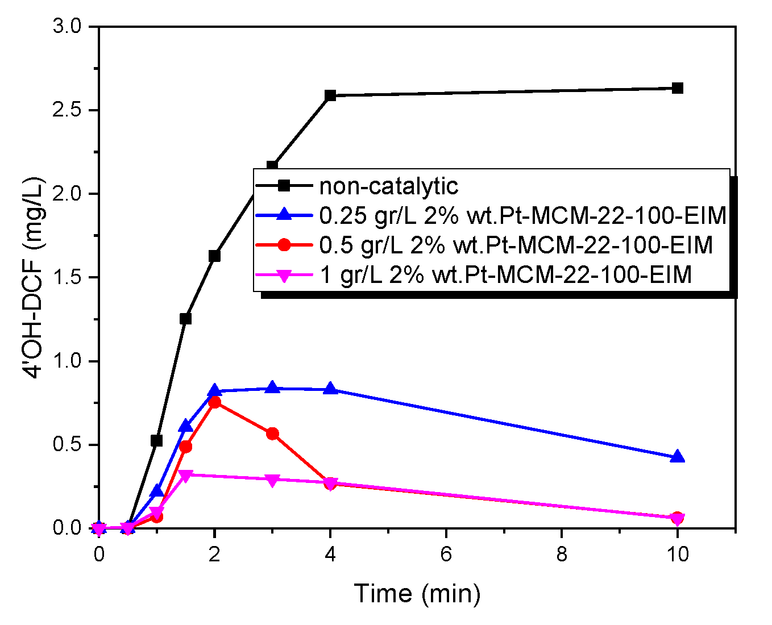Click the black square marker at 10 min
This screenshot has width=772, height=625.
[677, 88]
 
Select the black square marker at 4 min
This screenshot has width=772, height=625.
[330, 95]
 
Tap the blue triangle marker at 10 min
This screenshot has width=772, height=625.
[677, 457]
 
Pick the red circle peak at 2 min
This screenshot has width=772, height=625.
[214, 402]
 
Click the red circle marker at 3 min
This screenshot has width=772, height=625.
[272, 434]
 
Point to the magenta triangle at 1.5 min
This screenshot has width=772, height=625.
[185, 475]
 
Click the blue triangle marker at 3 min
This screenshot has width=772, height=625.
[272, 388]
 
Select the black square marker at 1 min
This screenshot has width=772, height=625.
[156, 441]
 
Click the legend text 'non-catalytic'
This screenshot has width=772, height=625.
[388, 186]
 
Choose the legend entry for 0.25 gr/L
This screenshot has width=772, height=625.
[522, 215]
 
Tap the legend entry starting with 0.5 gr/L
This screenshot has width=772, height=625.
[516, 245]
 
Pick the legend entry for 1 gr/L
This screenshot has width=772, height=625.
[505, 274]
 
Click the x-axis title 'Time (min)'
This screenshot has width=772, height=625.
[417, 593]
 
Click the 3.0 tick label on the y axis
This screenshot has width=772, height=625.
[67, 27]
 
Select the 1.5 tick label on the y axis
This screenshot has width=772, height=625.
[67, 278]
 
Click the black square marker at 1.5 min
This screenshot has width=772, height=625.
[185, 319]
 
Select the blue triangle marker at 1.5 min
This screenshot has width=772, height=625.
[185, 426]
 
